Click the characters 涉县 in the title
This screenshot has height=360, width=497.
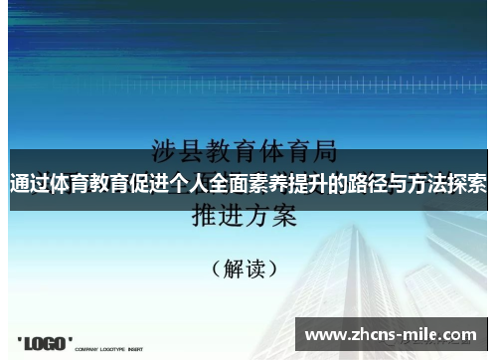175,152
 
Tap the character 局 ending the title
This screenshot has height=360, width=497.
324,152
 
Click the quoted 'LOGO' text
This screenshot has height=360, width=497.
45,343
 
